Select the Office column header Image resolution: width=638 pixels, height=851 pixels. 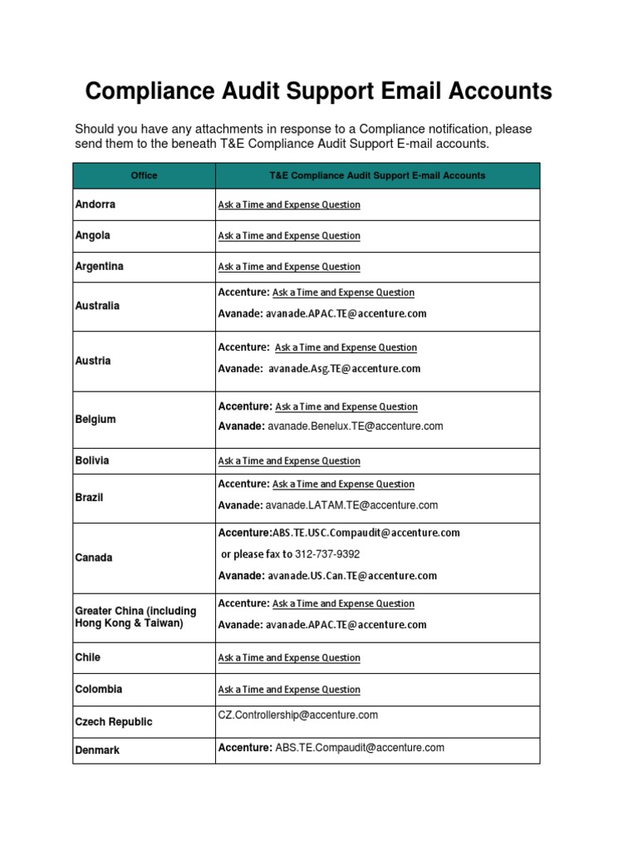tap(144, 175)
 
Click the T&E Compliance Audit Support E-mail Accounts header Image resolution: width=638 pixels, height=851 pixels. tap(377, 175)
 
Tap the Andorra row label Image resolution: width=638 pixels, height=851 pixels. tap(96, 204)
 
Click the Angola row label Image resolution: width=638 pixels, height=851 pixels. tap(92, 235)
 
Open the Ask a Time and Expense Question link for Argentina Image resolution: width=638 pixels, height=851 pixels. tap(289, 267)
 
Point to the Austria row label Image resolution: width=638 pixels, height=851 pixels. tap(92, 361)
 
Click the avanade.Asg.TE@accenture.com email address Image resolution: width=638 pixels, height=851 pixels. tap(345, 368)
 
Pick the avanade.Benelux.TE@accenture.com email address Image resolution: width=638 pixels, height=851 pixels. tap(354, 425)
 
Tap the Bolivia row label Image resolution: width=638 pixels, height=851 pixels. tap(92, 460)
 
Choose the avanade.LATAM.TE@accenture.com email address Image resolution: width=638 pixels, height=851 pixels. tap(351, 504)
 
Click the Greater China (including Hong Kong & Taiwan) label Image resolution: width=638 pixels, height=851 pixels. tap(135, 617)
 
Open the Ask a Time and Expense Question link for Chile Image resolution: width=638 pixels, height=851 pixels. tap(289, 657)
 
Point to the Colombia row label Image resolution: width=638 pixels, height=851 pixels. tap(98, 689)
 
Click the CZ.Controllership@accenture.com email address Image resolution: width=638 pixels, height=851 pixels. tap(297, 715)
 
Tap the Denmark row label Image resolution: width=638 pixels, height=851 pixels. tap(97, 750)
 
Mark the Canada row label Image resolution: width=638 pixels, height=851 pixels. tap(93, 558)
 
